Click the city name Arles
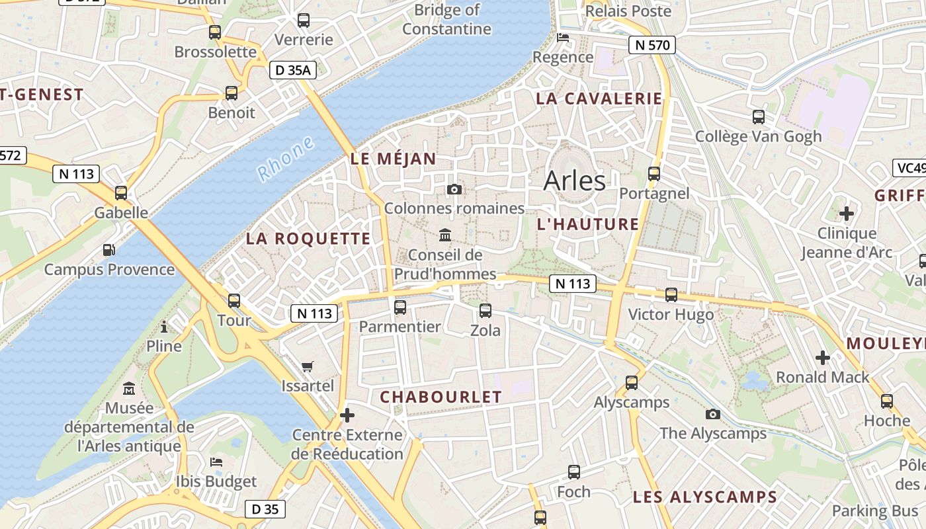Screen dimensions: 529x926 tap(574, 181)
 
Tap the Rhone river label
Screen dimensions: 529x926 tap(285, 159)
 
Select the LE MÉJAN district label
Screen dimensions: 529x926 tap(393, 159)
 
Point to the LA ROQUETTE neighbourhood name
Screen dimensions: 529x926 tap(308, 239)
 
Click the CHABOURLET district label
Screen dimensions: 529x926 tap(441, 397)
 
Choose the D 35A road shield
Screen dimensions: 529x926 tap(292, 70)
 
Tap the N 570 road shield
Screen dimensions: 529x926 tap(652, 46)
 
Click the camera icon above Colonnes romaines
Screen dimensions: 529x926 tap(454, 190)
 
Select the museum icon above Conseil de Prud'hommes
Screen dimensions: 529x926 tap(445, 235)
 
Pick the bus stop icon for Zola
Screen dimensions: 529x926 tap(485, 311)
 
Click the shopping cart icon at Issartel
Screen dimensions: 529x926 tap(308, 366)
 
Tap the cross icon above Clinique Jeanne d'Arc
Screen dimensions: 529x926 tap(846, 214)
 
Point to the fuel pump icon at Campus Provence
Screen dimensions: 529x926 tap(108, 250)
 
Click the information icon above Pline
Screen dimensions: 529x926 tap(164, 327)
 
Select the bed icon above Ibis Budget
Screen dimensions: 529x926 tap(216, 462)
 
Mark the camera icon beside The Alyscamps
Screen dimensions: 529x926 tap(712, 414)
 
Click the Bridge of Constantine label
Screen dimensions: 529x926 tap(447, 20)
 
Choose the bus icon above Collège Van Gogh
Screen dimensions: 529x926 tap(758, 117)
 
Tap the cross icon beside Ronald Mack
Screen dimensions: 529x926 tap(822, 358)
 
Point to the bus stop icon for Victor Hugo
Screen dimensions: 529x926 tap(671, 295)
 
